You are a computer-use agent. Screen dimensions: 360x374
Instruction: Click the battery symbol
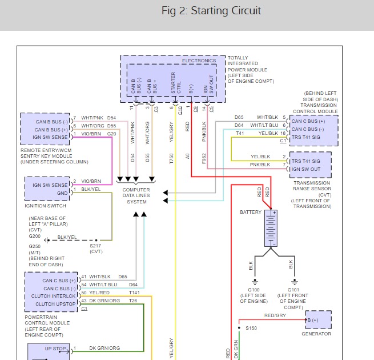271,229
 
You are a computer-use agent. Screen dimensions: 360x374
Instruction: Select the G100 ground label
254,289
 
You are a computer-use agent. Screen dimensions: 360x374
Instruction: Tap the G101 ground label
293,289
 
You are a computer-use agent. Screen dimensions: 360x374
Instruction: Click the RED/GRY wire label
275,315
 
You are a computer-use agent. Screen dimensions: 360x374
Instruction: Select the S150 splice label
251,328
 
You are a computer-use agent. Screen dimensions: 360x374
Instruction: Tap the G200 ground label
35,236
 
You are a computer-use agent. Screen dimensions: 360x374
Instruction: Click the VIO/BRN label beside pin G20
91,133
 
